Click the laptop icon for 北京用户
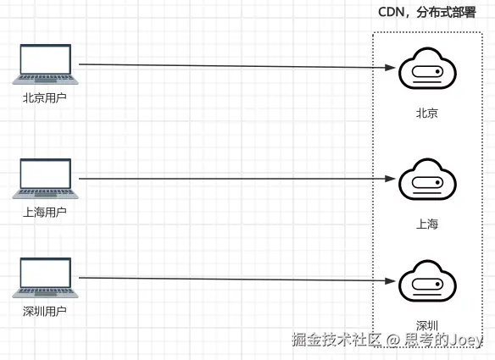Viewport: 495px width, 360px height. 45,64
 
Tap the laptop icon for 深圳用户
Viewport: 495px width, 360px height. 45,279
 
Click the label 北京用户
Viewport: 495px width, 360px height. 45,97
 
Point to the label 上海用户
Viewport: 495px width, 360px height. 45,212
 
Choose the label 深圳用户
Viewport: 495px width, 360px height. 45,311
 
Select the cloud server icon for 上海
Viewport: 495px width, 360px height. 427,180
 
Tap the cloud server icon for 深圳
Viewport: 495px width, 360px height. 427,282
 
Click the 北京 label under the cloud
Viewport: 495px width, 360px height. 426,113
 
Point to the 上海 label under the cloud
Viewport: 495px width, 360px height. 426,224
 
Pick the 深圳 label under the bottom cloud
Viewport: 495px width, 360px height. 426,324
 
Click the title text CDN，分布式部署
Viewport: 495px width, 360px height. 426,14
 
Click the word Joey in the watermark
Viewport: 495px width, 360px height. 466,340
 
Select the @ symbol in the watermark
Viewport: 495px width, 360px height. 393,341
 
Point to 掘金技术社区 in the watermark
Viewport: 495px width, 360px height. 337,341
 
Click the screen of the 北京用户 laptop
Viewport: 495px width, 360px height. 45,60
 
